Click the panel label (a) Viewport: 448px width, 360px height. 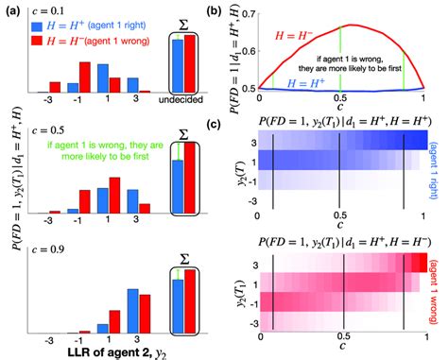tap(12, 10)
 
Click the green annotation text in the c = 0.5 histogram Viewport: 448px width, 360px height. tap(112, 154)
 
